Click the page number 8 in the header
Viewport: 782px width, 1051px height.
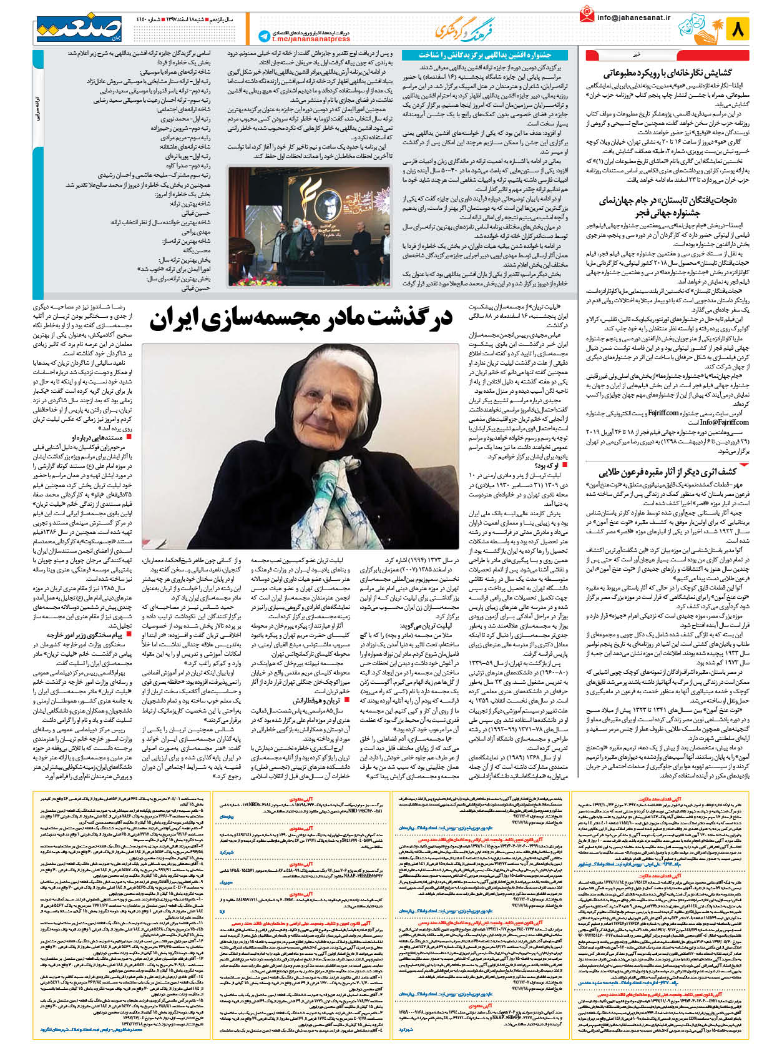click(x=739, y=29)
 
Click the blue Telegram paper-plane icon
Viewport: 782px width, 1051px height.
click(x=264, y=37)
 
